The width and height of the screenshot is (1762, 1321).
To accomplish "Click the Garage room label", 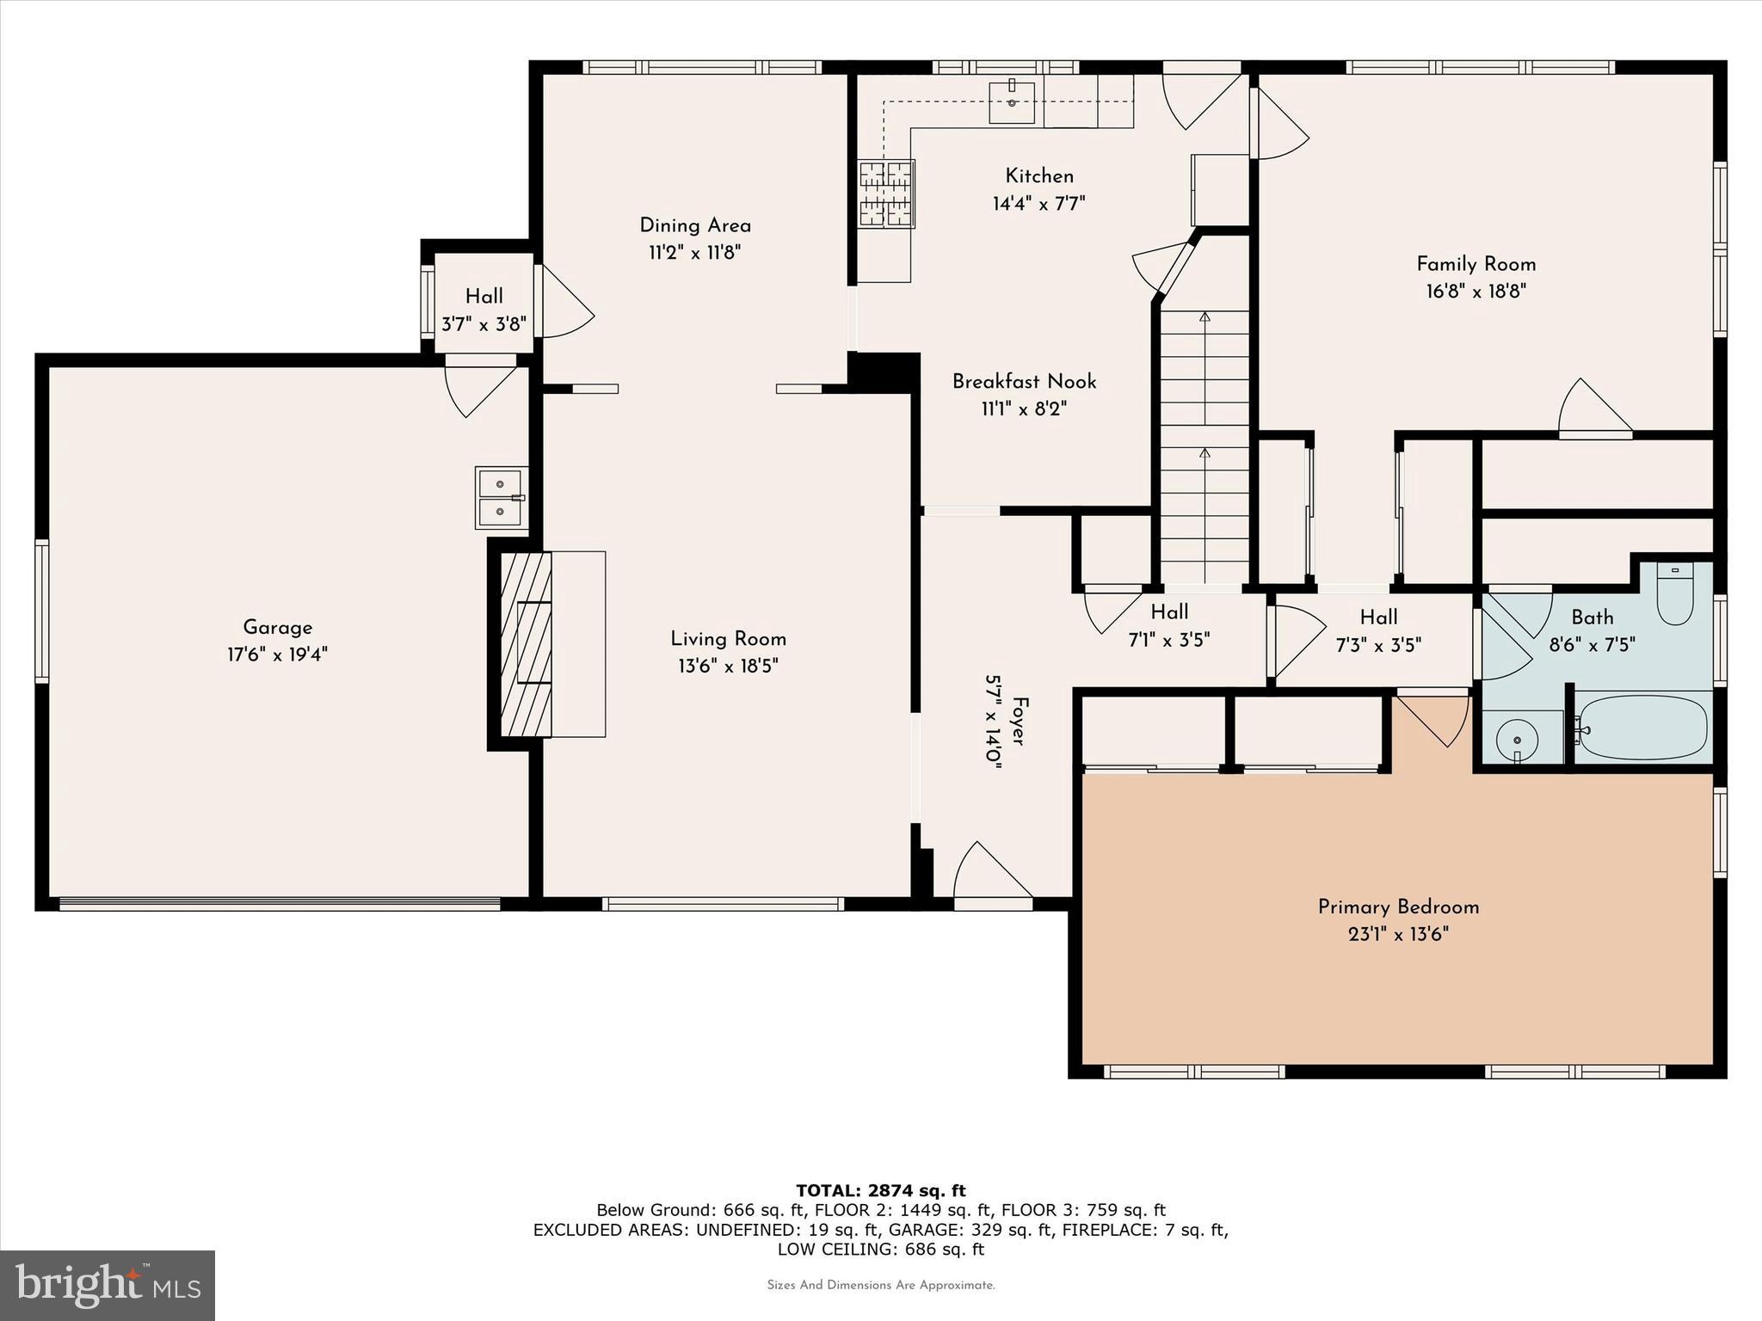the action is coord(277,628).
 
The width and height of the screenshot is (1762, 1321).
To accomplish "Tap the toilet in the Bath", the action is coord(1674,593).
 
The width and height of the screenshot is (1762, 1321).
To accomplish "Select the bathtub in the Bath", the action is coord(1642,728).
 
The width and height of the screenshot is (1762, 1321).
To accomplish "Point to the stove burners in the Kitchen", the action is coord(886,194).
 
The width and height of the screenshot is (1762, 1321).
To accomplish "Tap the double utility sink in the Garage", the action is coord(500,498).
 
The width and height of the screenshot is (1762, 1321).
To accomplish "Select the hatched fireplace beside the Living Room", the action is coord(526,644).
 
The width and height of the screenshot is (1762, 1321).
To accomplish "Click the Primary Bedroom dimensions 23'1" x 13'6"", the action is coord(1398,934).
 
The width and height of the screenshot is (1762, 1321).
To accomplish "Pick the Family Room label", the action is coord(1476,264).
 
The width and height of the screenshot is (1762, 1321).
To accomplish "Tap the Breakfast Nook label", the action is coord(1024,381).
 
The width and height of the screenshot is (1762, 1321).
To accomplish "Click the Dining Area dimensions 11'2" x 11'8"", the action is coord(695,253).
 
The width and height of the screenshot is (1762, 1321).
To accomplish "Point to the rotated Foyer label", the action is coord(1019,710).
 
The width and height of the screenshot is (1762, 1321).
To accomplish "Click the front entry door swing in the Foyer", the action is coord(992,873).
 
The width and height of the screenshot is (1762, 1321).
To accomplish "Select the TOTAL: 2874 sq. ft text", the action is coord(881,1190).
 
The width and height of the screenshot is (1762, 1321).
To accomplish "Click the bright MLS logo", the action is coord(108,1285).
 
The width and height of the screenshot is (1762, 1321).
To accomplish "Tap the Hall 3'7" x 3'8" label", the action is coord(484,310).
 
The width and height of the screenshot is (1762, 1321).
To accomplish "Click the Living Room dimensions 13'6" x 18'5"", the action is coord(728,666).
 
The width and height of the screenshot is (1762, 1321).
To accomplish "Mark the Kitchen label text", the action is coord(1039,176).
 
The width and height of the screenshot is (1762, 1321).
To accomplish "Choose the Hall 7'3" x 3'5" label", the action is coord(1378,630).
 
